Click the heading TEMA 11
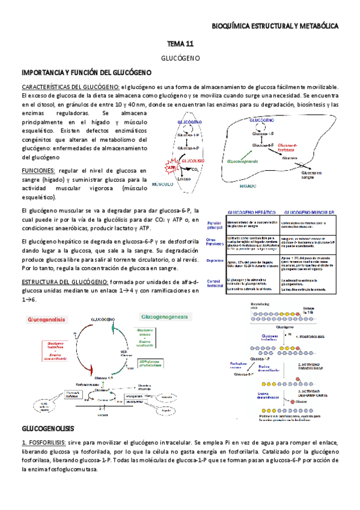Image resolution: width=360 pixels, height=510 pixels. (x=180, y=44)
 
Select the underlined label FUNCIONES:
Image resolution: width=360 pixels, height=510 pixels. (x=38, y=171)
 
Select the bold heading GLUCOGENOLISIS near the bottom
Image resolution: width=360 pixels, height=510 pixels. (x=47, y=428)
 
